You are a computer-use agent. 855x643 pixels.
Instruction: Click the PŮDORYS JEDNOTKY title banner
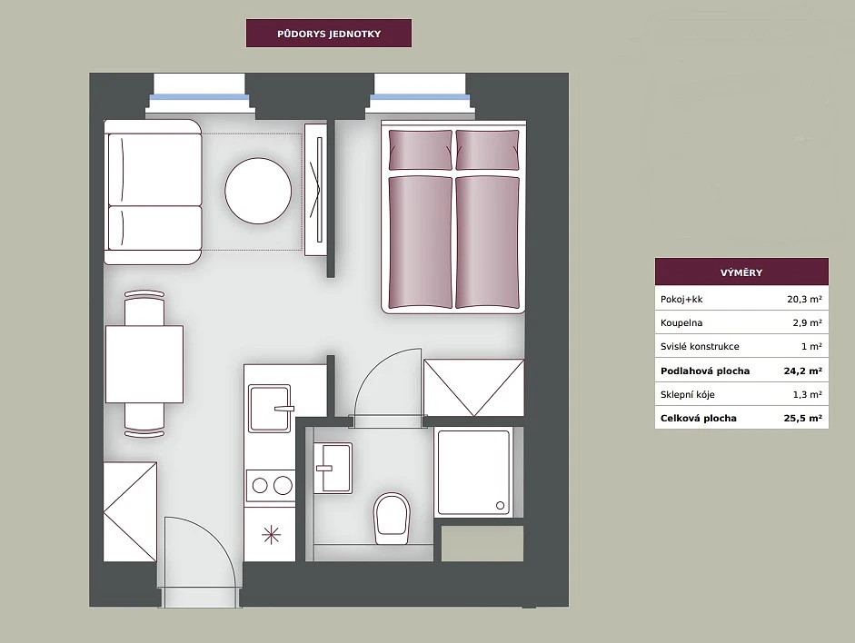329,34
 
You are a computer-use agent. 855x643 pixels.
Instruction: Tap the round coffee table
258,191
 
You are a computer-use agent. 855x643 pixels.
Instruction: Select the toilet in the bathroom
392,519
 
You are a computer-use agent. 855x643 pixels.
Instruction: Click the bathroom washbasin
333,468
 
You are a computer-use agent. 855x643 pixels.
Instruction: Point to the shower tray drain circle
500,506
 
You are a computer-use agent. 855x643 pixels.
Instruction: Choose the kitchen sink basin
269,408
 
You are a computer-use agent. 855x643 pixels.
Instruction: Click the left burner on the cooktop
260,486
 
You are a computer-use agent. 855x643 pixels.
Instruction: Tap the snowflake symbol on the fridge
271,535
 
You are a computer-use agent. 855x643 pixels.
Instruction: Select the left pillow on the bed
421,150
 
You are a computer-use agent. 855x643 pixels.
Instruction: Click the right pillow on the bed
487,150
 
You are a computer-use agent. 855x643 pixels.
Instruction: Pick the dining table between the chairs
144,364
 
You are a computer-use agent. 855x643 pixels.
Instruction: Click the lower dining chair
144,420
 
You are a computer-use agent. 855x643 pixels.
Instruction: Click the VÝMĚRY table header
741,272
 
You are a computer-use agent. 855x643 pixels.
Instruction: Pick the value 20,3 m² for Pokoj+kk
804,299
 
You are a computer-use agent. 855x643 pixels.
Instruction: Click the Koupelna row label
681,322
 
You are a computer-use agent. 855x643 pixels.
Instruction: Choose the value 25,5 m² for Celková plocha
802,418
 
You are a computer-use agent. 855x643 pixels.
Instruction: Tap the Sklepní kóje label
687,394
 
